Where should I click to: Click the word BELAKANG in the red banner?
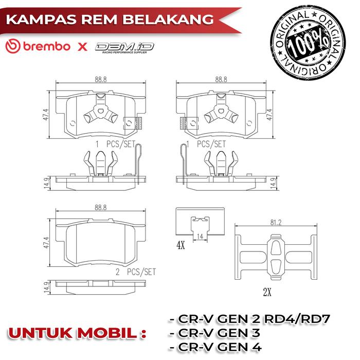click(x=168, y=20)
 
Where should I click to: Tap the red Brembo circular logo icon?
click(x=13, y=46)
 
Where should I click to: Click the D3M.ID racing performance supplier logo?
click(x=124, y=48)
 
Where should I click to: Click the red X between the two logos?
click(x=82, y=47)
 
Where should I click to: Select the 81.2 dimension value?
click(x=276, y=223)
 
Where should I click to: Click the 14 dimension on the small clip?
click(x=200, y=236)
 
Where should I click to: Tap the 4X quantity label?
click(x=181, y=245)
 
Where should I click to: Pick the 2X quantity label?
click(x=267, y=292)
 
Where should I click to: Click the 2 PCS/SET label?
click(x=136, y=272)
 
